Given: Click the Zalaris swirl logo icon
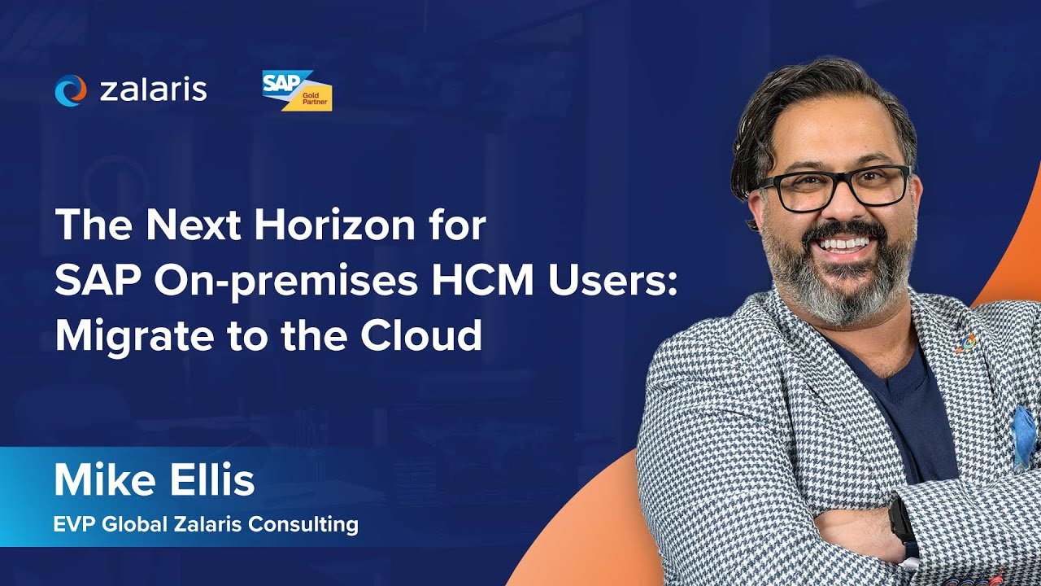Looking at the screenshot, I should point(70,90).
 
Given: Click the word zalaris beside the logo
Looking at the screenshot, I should point(153,90).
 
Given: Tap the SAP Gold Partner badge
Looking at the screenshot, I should point(297,90).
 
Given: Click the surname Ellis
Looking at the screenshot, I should point(213,480).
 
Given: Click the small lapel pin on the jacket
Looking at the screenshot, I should point(967,342).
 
